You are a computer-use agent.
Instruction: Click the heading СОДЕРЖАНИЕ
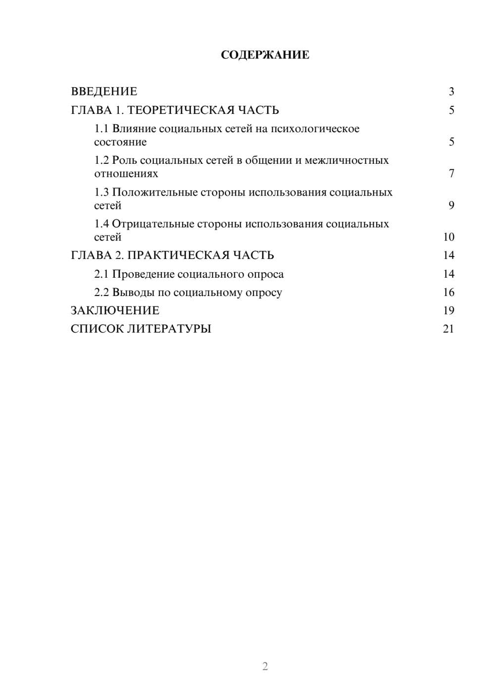(265, 55)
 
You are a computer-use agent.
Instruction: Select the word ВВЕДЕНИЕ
(104, 92)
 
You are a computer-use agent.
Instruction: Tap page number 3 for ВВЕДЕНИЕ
(451, 92)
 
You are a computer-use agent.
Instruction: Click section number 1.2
(101, 160)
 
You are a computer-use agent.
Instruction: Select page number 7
(451, 174)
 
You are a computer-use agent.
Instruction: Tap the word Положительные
(153, 192)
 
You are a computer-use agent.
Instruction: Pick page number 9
(451, 205)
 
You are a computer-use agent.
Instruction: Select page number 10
(448, 237)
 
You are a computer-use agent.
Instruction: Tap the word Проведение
(143, 274)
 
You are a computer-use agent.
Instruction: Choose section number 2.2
(101, 293)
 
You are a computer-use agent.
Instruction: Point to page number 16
(448, 293)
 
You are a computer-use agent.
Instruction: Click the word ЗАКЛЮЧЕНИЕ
(115, 311)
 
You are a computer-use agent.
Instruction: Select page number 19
(448, 311)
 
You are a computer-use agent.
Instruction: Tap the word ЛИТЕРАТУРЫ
(169, 329)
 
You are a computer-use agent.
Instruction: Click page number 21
(448, 329)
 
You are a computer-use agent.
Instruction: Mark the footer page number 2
(265, 666)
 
